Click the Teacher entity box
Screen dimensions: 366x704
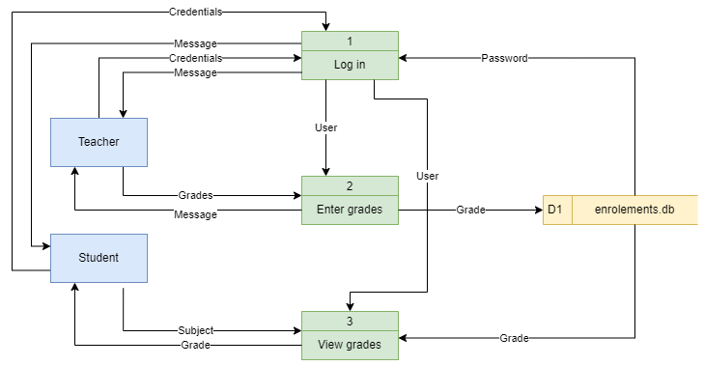coord(99,142)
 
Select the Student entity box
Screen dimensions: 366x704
coord(99,258)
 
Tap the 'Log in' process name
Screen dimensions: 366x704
coord(350,65)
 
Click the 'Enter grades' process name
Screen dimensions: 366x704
coord(350,210)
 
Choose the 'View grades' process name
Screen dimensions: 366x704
coord(350,344)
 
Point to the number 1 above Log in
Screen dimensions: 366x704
coord(350,41)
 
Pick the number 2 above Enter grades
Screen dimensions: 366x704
coord(350,185)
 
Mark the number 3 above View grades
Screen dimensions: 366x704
coord(350,321)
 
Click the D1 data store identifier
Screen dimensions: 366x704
coord(555,210)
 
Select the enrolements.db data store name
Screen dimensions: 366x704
coord(634,210)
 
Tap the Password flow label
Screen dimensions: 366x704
coord(504,58)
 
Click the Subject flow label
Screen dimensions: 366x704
coord(195,330)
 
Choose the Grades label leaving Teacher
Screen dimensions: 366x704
coord(195,195)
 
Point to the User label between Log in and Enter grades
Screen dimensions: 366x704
coord(325,127)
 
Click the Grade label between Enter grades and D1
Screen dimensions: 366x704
coord(470,210)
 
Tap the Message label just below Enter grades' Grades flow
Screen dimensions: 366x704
coord(195,213)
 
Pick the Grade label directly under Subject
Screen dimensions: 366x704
coord(195,345)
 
